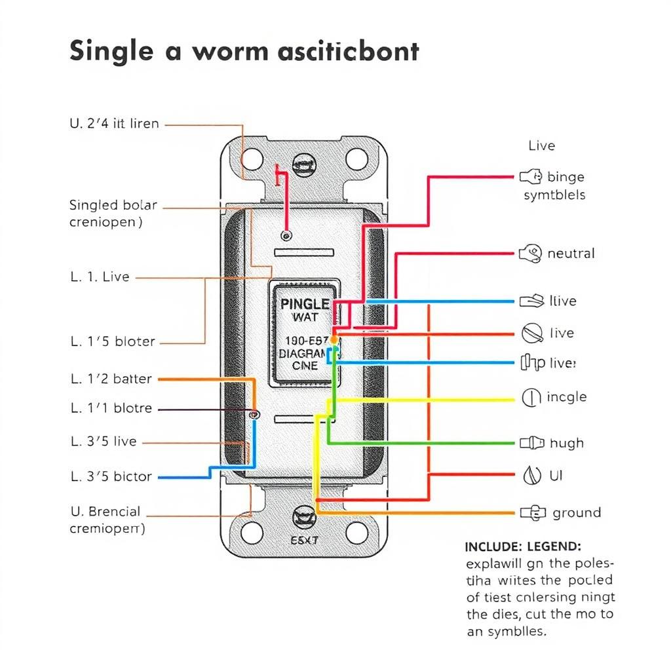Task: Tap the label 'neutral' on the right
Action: pos(571,254)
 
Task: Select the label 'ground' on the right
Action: pos(577,512)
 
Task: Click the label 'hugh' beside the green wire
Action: pos(566,443)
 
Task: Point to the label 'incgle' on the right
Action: pos(566,397)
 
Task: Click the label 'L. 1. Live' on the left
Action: pos(100,277)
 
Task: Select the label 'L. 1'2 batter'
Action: pos(111,379)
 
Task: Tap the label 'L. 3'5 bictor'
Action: pos(111,476)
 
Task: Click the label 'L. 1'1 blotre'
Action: pos(111,408)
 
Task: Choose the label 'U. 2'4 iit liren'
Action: pos(114,123)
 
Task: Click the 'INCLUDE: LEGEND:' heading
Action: pos(522,546)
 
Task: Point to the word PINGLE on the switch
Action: pos(305,304)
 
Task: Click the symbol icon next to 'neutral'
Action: pos(530,254)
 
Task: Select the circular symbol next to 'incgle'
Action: pos(531,396)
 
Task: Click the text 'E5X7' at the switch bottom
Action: pos(303,541)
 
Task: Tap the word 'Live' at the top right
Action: pos(541,145)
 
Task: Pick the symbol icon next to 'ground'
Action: pos(533,513)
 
